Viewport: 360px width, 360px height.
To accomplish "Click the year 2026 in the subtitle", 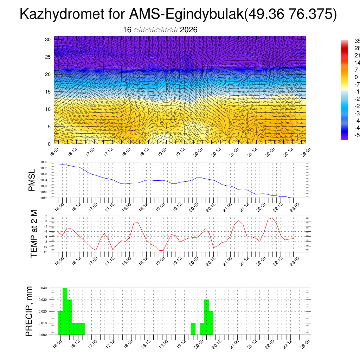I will click(x=188, y=30).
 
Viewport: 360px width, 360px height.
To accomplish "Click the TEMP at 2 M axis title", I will click(x=34, y=233).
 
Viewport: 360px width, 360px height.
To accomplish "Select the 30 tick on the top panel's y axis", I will click(x=48, y=39).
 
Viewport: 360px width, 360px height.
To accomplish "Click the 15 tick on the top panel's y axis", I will click(x=48, y=92).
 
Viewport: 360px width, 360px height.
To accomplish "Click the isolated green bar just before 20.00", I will click(x=193, y=329).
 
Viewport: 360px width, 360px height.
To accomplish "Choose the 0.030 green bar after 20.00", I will click(x=206, y=317).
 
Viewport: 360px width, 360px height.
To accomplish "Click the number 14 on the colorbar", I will click(x=356, y=63).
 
